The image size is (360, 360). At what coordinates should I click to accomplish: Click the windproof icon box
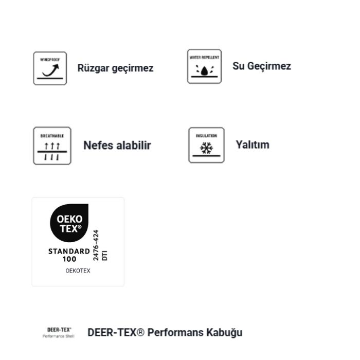50,68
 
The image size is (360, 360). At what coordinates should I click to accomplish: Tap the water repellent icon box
204,66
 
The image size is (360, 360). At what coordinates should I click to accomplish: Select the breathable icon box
52,146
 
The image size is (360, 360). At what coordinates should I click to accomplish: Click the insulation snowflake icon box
206,145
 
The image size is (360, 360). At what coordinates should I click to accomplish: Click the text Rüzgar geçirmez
115,68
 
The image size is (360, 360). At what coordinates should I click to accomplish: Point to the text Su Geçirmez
261,66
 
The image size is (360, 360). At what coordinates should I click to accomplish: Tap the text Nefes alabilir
117,145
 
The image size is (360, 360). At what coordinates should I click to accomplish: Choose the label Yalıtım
252,145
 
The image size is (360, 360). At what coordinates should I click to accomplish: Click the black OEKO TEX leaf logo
69,224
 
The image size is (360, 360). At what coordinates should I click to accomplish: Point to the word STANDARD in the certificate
69,251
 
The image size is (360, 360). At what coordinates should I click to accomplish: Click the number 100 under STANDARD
69,259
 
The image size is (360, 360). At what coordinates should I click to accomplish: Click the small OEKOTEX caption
78,271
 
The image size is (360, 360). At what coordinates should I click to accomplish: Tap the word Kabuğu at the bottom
225,332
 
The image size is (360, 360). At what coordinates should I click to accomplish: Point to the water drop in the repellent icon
204,70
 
